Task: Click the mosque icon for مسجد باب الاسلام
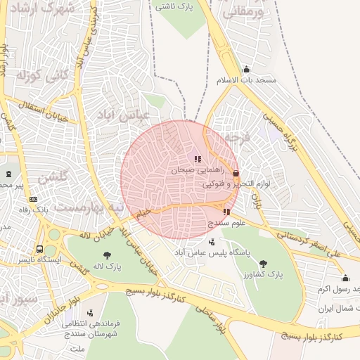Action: click(x=246, y=70)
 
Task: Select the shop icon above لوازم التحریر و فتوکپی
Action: click(x=235, y=173)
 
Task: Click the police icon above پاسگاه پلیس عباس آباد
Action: click(x=212, y=242)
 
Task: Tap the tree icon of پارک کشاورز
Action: click(x=263, y=264)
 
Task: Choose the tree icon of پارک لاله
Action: click(x=107, y=255)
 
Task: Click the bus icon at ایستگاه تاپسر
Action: click(x=40, y=249)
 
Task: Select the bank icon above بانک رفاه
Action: click(x=33, y=200)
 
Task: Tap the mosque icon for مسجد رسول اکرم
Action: click(x=345, y=278)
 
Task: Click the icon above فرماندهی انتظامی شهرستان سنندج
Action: click(x=89, y=313)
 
